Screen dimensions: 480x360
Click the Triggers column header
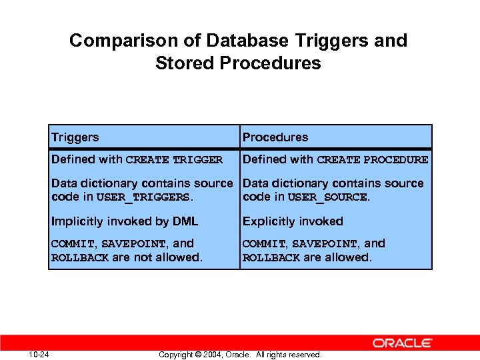pos(75,137)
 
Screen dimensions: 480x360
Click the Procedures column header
pos(275,137)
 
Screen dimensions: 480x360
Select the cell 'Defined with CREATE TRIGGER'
pos(137,159)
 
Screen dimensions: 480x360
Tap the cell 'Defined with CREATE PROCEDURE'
pos(335,159)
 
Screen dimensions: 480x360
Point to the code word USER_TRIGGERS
pos(144,197)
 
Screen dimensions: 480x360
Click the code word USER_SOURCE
pos(327,197)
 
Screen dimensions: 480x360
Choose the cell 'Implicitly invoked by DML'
pos(125,221)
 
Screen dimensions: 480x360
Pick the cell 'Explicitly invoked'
pos(293,221)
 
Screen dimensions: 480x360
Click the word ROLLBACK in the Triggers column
pos(80,258)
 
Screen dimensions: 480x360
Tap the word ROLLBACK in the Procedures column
pos(271,258)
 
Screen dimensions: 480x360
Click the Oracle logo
pos(403,343)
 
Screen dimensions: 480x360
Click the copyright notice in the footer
pos(240,355)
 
